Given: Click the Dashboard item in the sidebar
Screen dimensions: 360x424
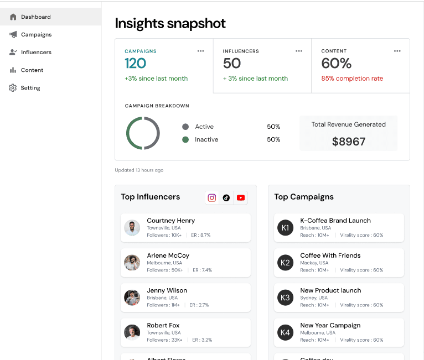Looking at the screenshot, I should click(35, 17).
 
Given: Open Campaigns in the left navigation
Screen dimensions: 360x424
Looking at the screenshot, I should click(36, 35).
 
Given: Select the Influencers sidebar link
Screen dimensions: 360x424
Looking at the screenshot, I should click(36, 53).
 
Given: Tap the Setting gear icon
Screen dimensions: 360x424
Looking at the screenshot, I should click(13, 88).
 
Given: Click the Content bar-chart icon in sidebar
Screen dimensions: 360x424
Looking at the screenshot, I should click(13, 70).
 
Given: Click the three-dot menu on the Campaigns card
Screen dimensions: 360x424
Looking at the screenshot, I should click(200, 51).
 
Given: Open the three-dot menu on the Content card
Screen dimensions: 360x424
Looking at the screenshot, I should click(397, 51).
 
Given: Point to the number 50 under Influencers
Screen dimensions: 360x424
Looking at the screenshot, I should click(232, 64).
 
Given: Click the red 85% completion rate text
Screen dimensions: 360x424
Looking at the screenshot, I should click(352, 79).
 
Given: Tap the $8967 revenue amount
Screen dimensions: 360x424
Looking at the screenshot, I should click(349, 142).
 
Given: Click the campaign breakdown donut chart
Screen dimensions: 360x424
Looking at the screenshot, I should click(143, 133).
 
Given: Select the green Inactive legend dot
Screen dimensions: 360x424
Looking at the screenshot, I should click(185, 140).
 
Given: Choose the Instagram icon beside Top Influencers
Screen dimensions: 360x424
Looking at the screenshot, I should click(212, 197).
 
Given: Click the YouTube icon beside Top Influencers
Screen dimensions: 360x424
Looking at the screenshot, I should click(241, 197).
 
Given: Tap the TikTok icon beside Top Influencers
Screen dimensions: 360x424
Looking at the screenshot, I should click(226, 197).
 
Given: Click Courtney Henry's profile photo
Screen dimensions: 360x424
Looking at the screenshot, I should click(132, 228).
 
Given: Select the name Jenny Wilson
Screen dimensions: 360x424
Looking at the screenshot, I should click(167, 290).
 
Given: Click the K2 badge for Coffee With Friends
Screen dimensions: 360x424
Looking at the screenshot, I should click(285, 263).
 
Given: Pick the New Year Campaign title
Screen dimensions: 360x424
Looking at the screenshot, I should click(330, 325).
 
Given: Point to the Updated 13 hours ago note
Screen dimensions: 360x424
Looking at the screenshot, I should click(139, 170).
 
